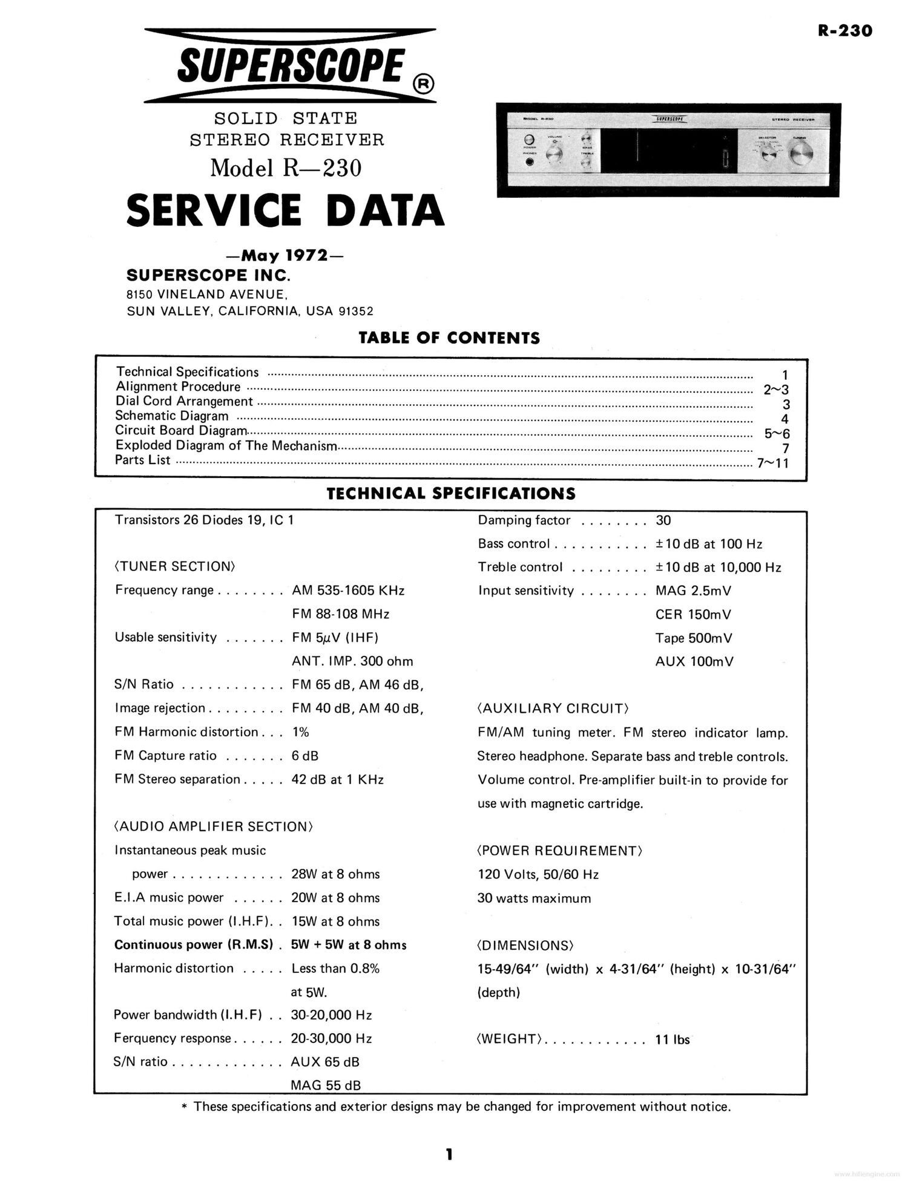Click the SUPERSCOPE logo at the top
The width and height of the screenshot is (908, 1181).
(x=290, y=65)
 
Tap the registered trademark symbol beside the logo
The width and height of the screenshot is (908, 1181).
(x=423, y=85)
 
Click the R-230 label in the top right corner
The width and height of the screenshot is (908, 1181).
(x=845, y=30)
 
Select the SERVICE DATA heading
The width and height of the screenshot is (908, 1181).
(x=285, y=210)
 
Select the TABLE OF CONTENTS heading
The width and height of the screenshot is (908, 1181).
(x=449, y=338)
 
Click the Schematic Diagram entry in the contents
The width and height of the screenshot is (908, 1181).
(x=172, y=416)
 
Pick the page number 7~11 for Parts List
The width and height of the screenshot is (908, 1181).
(x=773, y=463)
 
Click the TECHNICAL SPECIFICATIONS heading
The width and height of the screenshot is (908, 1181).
(x=451, y=493)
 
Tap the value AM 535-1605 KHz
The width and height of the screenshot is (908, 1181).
(x=348, y=590)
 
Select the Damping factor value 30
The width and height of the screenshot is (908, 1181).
(x=663, y=520)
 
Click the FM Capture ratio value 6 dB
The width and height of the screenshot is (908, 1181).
(x=304, y=755)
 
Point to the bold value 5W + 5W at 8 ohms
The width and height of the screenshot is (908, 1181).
(x=349, y=944)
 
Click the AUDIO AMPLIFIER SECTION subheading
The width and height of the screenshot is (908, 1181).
(x=213, y=826)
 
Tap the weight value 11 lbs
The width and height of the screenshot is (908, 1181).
(x=673, y=1039)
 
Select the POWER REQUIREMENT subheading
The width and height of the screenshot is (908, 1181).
(x=560, y=851)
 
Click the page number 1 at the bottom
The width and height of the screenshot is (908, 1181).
(x=449, y=1154)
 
